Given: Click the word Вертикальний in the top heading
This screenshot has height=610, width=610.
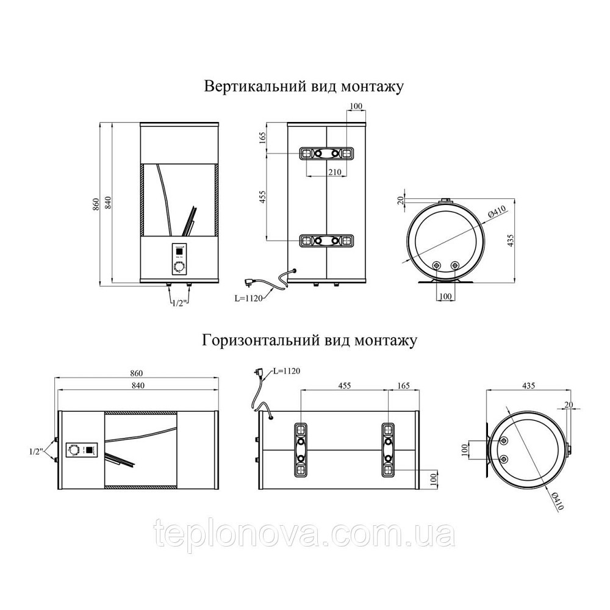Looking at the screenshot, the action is [255, 86].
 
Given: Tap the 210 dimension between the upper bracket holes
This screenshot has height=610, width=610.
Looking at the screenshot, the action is [334, 171].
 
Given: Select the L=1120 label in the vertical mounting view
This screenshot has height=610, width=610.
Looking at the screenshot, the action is [248, 298].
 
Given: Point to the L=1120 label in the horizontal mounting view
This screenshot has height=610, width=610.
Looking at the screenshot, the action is [286, 371].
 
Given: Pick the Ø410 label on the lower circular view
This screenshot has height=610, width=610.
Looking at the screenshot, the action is [556, 500].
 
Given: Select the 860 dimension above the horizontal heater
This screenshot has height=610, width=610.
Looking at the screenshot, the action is [137, 373].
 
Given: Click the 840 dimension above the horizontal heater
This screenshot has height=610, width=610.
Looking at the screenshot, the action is [138, 386].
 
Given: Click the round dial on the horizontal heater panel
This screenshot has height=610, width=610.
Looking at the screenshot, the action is [73, 450].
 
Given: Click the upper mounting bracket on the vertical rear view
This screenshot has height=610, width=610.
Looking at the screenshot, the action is [326, 153].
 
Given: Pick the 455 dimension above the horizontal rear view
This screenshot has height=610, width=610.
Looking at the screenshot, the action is [345, 386].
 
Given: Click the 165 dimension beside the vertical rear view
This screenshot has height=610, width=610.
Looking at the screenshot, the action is [262, 138].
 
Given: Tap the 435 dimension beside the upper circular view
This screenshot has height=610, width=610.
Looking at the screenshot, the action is [511, 240].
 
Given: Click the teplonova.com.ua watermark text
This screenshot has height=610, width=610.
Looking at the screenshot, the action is [304, 534].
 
